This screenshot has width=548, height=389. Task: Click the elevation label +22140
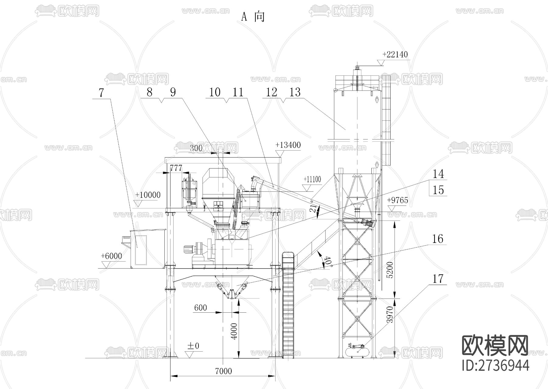(395, 54)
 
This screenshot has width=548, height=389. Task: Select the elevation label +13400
(288, 145)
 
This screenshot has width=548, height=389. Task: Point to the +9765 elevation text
(398, 200)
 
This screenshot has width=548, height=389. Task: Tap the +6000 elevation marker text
(111, 256)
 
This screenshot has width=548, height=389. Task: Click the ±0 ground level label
(193, 346)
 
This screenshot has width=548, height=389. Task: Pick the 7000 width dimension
(223, 371)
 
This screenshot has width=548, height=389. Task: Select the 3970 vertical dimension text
(389, 314)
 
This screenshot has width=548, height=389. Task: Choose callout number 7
(101, 93)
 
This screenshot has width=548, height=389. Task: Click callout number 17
(438, 279)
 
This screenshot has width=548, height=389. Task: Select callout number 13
(295, 92)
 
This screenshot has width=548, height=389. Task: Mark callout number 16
(438, 239)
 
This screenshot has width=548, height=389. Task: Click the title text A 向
(253, 17)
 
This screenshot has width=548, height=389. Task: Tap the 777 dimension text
(176, 168)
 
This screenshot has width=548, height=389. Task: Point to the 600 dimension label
(201, 308)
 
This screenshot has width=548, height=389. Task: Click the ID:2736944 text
(496, 365)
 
